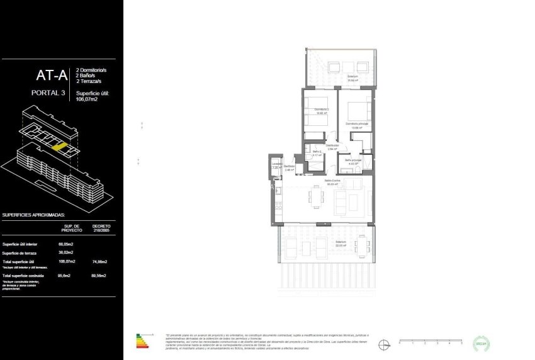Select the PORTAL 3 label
point(48,93)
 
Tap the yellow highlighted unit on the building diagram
point(59,146)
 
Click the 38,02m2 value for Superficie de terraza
point(66,252)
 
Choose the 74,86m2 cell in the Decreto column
point(99,261)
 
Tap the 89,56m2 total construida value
point(99,276)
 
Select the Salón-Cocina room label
point(332,182)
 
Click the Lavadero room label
point(276,165)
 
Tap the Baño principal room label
point(353,161)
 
